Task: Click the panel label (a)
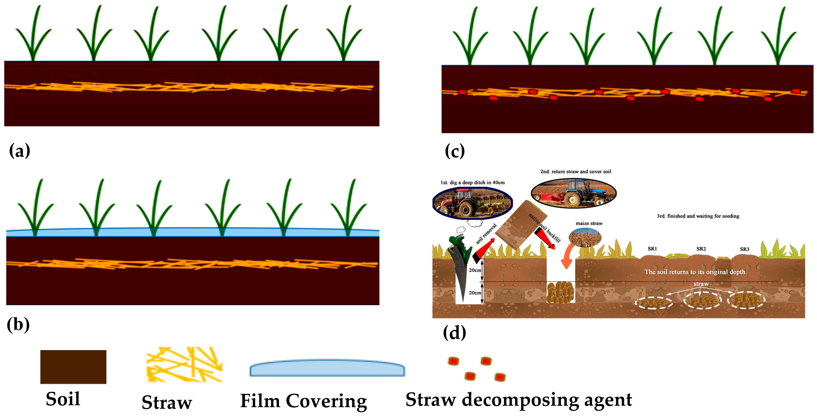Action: point(20,151)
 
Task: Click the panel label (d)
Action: point(454,333)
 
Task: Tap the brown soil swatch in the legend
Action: point(73,367)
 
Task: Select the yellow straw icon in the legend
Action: point(185,364)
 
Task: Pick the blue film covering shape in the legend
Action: point(327,368)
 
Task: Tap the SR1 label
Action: point(652,249)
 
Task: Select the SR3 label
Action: point(744,249)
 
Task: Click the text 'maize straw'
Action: point(589,224)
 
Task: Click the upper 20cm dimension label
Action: point(475,270)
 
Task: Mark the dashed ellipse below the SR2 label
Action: point(702,300)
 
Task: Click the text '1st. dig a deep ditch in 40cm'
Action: point(472,183)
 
